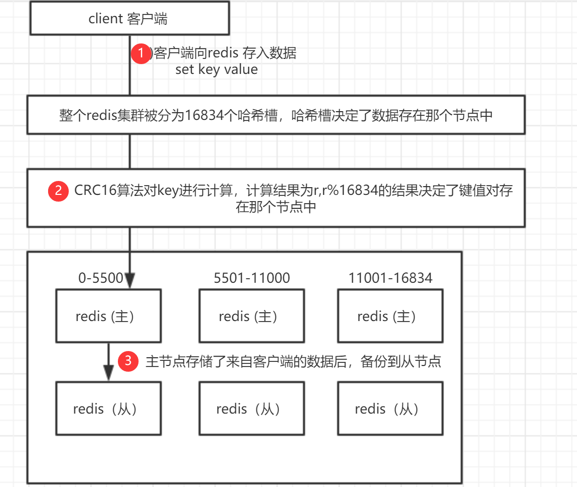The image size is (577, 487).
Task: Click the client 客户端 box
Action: pyautogui.click(x=129, y=19)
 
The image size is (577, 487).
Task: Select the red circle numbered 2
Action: pyautogui.click(x=58, y=190)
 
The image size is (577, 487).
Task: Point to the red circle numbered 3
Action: pyautogui.click(x=128, y=361)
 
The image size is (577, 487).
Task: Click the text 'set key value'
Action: pyautogui.click(x=216, y=69)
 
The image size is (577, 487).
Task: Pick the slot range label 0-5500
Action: pyautogui.click(x=100, y=278)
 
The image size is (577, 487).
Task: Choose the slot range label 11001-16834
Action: pyautogui.click(x=390, y=278)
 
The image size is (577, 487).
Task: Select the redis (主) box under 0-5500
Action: pyautogui.click(x=108, y=316)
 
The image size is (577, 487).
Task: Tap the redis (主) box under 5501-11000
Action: pyautogui.click(x=251, y=316)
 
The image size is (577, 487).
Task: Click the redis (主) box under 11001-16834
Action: pyautogui.click(x=390, y=316)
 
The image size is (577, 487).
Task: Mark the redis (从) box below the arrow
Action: pyautogui.click(x=108, y=408)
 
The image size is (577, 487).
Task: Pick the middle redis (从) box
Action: pyautogui.click(x=251, y=408)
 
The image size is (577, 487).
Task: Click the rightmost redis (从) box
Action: pyautogui.click(x=390, y=408)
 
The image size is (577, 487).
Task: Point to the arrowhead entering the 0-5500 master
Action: pyautogui.click(x=129, y=280)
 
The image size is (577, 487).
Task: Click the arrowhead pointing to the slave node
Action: pyautogui.click(x=108, y=373)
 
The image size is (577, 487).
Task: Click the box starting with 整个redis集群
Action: pyautogui.click(x=276, y=115)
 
